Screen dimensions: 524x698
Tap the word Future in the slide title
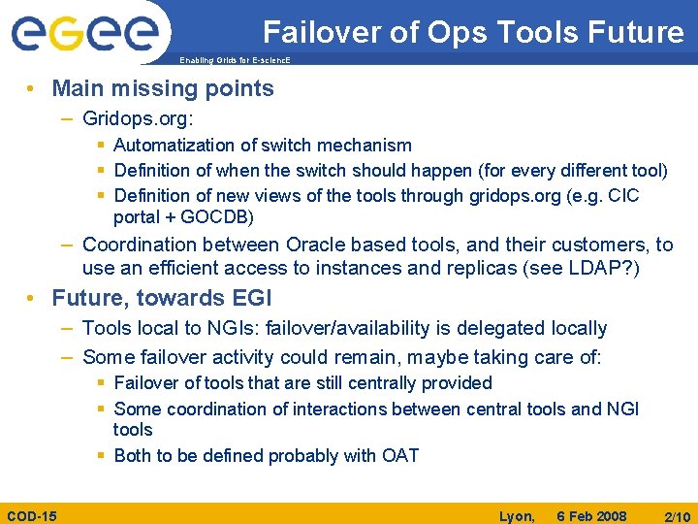point(633,32)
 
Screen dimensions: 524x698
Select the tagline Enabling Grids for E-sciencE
point(235,60)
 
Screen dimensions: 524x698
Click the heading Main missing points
point(163,89)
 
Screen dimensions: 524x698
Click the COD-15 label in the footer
point(31,515)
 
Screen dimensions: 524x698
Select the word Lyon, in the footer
point(517,515)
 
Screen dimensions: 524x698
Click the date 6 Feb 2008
point(591,515)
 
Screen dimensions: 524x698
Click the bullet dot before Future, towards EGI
point(33,298)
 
